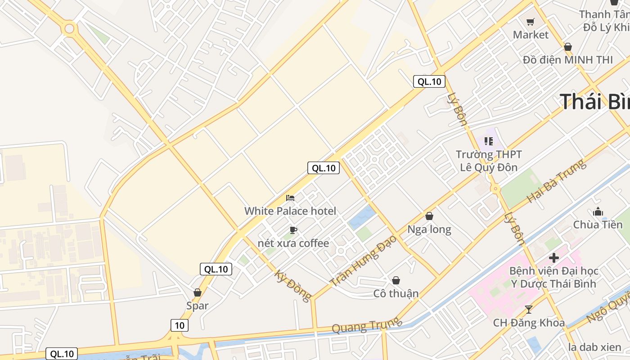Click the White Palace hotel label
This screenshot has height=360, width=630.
(290, 211)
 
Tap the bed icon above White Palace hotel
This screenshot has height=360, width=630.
(290, 198)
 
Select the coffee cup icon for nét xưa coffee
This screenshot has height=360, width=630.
(293, 230)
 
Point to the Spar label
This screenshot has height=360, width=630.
(198, 306)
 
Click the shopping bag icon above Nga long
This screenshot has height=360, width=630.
(429, 216)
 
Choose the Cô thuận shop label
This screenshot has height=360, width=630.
(396, 293)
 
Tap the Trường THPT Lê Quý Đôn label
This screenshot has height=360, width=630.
(489, 161)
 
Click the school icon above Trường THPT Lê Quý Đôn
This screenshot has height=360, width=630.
(489, 141)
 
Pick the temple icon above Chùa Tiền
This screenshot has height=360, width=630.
(598, 211)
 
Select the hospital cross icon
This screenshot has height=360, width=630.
(554, 258)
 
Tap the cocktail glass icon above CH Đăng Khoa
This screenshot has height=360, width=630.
(529, 309)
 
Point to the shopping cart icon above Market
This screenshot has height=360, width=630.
(531, 22)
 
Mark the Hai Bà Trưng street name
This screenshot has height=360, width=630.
(557, 180)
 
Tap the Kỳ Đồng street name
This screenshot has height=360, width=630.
(293, 286)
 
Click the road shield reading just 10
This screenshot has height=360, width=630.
(180, 325)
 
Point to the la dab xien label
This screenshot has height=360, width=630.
(595, 347)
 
